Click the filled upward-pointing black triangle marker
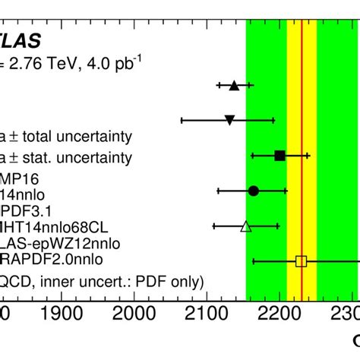click(x=234, y=86)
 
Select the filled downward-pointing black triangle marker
click(x=229, y=120)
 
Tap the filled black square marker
click(x=279, y=156)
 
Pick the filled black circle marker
click(x=254, y=191)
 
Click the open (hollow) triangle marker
click(x=245, y=226)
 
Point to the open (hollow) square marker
click(x=301, y=261)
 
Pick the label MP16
click(x=20, y=179)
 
